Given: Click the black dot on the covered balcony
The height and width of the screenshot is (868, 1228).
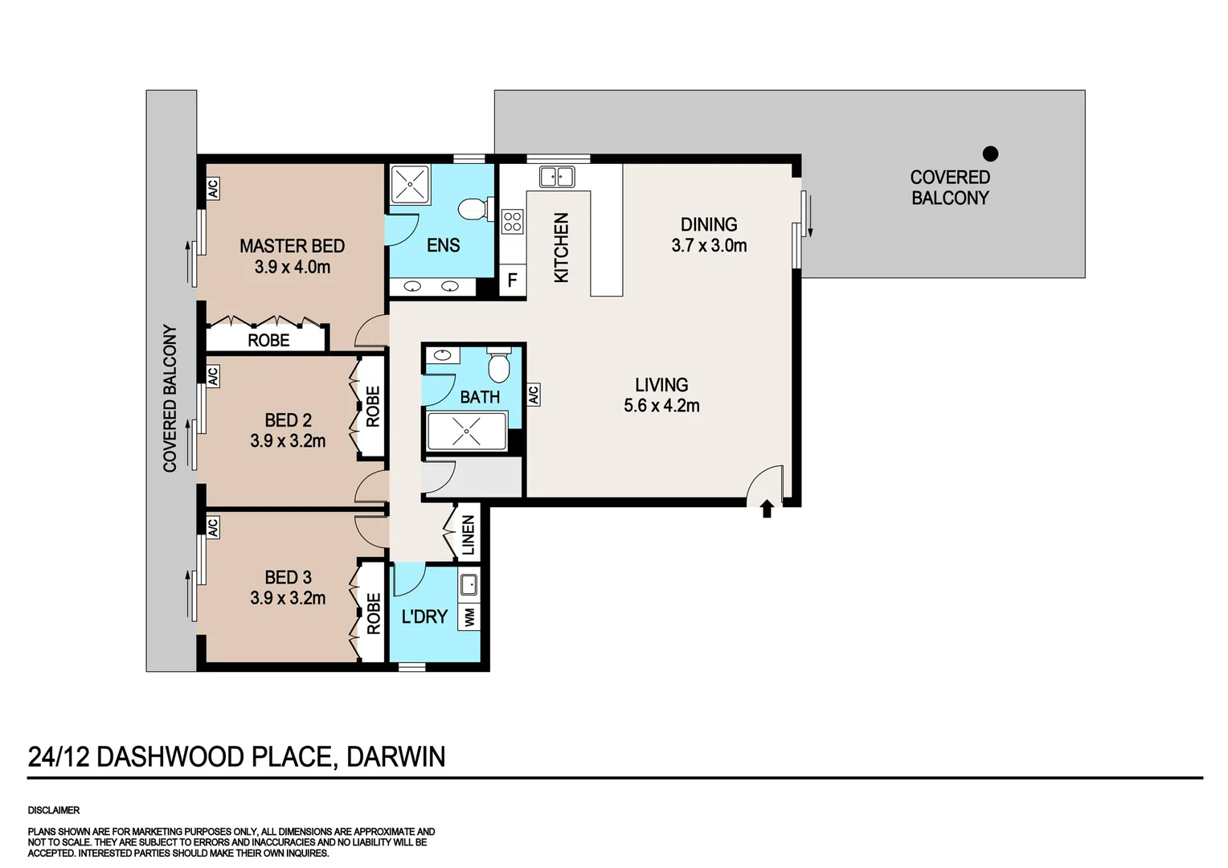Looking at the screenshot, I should click(991, 153).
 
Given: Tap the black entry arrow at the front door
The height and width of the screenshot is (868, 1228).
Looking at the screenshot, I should click(767, 508).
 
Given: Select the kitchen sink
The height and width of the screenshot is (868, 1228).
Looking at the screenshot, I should click(556, 176).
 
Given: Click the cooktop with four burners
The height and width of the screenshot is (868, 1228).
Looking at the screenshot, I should click(513, 221).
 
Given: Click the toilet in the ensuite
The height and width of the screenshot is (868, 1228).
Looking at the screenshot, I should click(474, 209).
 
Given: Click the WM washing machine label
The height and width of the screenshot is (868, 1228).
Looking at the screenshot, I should click(469, 617).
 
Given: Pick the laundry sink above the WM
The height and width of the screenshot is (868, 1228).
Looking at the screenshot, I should click(469, 584).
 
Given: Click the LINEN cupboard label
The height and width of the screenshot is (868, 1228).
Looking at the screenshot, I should click(468, 535).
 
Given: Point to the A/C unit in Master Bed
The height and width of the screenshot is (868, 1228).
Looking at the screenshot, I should click(213, 188).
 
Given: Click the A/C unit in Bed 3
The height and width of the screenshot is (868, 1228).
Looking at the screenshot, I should click(213, 527).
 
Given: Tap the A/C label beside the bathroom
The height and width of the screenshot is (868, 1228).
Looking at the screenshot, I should click(533, 395).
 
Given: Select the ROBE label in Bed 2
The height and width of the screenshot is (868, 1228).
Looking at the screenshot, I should click(373, 407).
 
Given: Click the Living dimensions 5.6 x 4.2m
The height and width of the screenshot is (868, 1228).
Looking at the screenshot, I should click(661, 406).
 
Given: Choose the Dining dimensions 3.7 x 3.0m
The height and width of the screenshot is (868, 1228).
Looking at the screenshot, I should click(709, 246).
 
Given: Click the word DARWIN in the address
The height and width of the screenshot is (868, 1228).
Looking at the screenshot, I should click(395, 757).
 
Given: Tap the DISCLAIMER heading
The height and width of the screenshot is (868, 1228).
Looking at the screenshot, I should click(54, 810).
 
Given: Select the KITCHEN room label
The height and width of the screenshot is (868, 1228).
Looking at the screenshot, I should click(561, 248).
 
